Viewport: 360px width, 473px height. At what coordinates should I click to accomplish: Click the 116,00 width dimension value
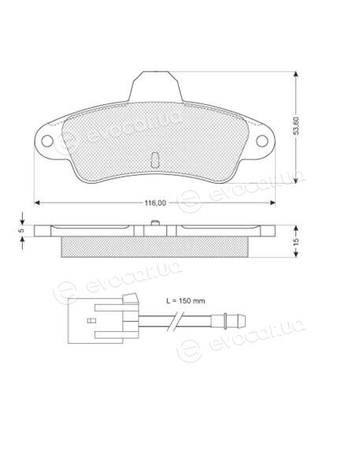point(155,203)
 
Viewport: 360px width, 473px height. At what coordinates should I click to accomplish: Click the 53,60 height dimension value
point(296,126)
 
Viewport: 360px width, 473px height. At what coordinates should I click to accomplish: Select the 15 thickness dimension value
point(296,241)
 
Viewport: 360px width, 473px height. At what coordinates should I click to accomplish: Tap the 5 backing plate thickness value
point(20,231)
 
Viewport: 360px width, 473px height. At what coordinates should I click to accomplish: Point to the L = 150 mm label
point(185,301)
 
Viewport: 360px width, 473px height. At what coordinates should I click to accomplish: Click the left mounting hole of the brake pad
point(47,141)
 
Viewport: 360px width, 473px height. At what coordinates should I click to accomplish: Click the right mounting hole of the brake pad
point(262,141)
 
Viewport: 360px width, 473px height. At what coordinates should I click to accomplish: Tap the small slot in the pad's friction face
point(154,159)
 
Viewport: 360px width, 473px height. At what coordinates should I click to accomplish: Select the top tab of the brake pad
point(155,86)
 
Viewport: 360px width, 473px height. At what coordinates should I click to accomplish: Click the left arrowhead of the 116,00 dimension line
point(37,203)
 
